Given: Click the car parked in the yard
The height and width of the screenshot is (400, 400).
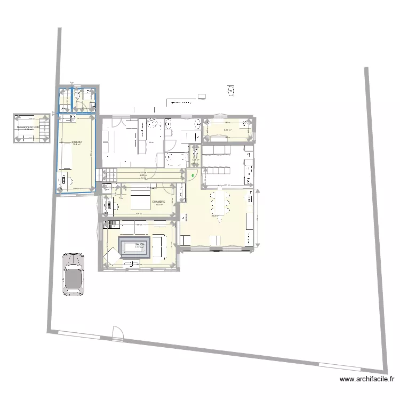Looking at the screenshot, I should pyautogui.click(x=73, y=274).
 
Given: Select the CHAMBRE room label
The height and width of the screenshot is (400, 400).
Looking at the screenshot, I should pyautogui.click(x=158, y=202).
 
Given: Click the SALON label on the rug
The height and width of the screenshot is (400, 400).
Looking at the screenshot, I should pyautogui.click(x=140, y=244).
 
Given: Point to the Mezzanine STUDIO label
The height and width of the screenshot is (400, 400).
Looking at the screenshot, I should pyautogui.click(x=28, y=127).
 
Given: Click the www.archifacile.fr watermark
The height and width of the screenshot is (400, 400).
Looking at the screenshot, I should pyautogui.click(x=367, y=380).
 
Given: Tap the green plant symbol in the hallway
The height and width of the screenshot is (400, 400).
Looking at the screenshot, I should pyautogui.click(x=193, y=175).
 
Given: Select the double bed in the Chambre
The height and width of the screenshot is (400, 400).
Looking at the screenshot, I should pyautogui.click(x=140, y=201).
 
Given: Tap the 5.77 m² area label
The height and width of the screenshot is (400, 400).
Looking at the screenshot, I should pyautogui.click(x=227, y=130).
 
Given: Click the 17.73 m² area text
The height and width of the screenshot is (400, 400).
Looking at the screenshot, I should pyautogui.click(x=140, y=247).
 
